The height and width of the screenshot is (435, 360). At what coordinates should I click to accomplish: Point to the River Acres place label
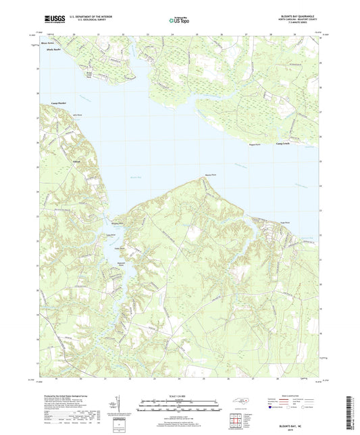[47, 42]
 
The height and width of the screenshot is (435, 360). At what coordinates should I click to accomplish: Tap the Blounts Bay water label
[135, 177]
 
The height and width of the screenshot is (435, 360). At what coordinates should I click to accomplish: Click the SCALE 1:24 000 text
[180, 395]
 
